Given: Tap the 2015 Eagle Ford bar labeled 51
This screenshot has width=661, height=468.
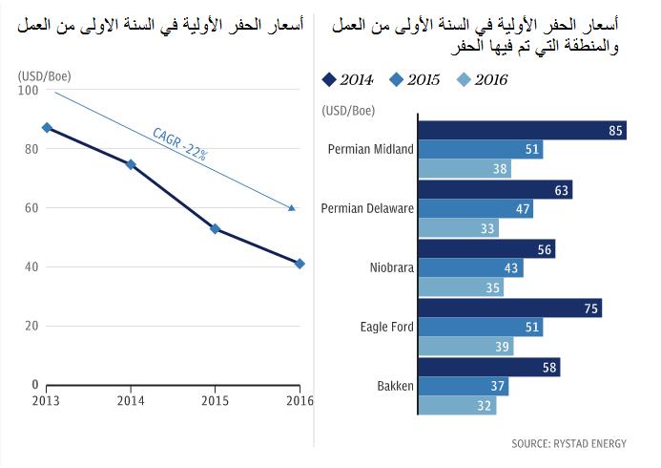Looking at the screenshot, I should pos(481,328).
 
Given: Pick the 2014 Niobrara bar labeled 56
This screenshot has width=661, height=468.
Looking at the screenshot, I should pos(486,249).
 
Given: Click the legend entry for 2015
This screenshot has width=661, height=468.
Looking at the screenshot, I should pos(413,80).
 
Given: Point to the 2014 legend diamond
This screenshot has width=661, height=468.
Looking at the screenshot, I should pos(330,80).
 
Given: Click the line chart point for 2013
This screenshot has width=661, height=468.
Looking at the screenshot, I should pos(47,127).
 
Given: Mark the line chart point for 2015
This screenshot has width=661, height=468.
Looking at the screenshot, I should pos(216,228).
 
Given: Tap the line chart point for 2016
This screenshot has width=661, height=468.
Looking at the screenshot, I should pos(300,264).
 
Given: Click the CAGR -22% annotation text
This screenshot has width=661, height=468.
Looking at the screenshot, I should pos(181,144).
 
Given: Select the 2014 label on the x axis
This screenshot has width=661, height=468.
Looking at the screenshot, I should pos(132,401).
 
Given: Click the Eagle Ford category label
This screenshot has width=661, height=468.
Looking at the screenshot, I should pos(387,327).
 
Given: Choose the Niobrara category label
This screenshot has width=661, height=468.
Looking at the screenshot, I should pos(392,268).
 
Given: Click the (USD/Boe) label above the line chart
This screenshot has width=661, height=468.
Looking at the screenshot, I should pos(44,74).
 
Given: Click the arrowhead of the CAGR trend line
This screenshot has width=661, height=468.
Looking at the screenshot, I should pos(292,207).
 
